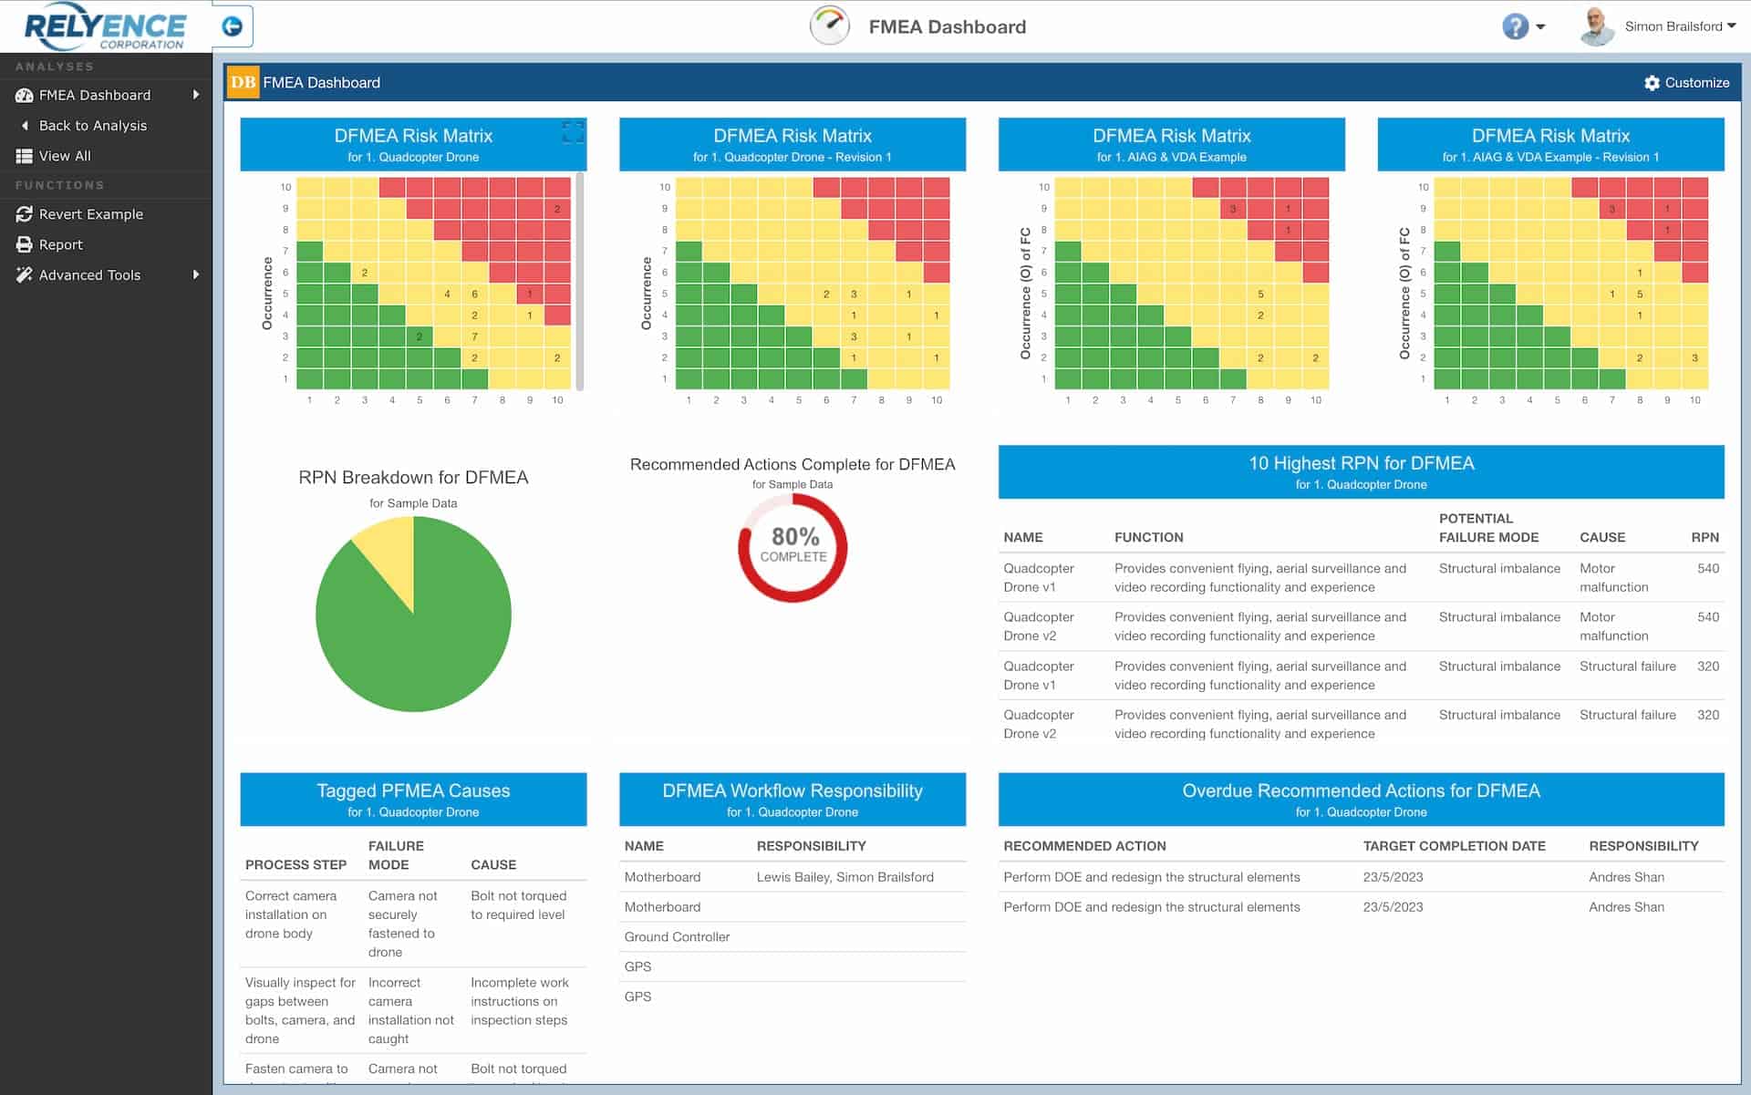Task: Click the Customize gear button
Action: [1686, 83]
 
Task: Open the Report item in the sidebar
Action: [60, 244]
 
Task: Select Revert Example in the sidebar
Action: [90, 214]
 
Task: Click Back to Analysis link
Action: [92, 126]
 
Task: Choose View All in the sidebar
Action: [64, 156]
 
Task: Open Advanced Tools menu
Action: [89, 275]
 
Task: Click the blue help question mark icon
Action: [1515, 26]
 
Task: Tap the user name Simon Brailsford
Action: [1673, 26]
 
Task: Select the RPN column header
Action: [1704, 538]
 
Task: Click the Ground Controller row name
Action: [677, 937]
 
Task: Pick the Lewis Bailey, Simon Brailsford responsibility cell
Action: [844, 877]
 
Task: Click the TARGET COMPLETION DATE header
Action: [1454, 846]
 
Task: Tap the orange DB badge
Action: [243, 83]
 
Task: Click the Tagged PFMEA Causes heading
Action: [413, 791]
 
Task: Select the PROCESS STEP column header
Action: [295, 865]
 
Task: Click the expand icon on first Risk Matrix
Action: [573, 133]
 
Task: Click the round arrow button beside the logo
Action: [233, 26]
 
